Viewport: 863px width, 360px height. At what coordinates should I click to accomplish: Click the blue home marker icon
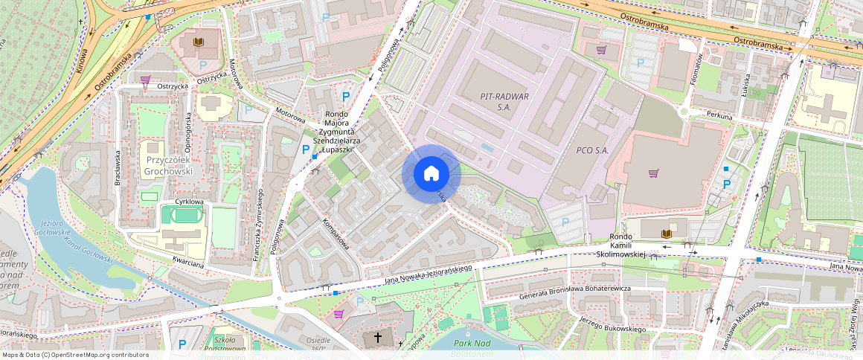[431, 174]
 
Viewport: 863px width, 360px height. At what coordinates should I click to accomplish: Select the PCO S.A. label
[592, 150]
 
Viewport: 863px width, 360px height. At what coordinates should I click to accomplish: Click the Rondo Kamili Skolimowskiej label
[620, 245]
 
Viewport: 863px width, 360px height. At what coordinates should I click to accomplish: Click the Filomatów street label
[699, 71]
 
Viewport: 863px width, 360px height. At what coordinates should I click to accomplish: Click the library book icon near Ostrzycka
[198, 42]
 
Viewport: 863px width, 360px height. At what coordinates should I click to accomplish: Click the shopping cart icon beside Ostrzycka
[146, 79]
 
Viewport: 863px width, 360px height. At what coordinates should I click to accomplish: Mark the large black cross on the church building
[378, 338]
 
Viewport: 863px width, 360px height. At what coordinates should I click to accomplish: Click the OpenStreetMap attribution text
[74, 355]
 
